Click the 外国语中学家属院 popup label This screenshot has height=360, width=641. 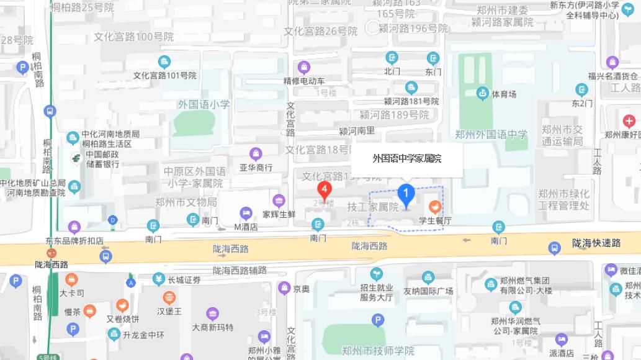click(407, 159)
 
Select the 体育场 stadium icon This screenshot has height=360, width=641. click(482, 94)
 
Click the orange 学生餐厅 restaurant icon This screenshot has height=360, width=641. click(435, 207)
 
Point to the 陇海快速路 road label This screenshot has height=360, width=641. click(596, 244)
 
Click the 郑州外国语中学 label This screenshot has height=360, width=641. click(491, 134)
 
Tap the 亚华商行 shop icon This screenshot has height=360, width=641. click(256, 153)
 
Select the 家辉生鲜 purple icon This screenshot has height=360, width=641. click(279, 200)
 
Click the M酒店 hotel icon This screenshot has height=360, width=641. click(246, 214)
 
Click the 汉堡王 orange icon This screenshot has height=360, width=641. click(169, 297)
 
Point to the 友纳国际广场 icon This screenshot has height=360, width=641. click(428, 277)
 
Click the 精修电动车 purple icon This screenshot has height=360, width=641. click(303, 67)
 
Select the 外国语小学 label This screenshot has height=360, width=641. click(203, 104)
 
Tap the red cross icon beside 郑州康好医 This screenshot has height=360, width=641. click(629, 120)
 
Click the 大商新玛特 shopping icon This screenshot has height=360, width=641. click(213, 314)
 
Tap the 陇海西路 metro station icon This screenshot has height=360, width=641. click(51, 253)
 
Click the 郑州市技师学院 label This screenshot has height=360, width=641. click(378, 351)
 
